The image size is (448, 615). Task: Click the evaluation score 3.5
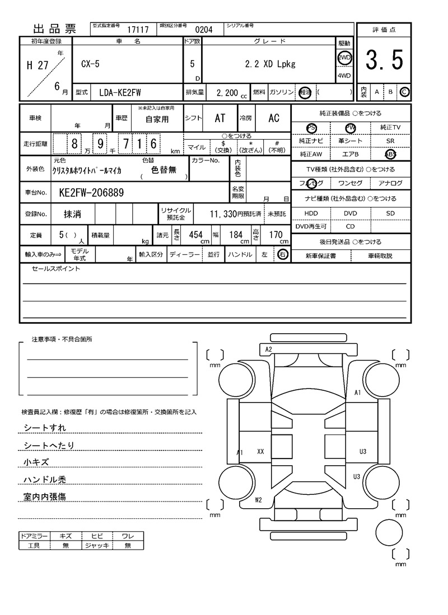click(384, 60)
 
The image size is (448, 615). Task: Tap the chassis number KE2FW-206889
click(91, 193)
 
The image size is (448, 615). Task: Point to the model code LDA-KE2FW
click(120, 92)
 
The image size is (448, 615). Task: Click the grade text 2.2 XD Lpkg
click(270, 64)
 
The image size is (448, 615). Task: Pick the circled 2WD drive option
click(344, 58)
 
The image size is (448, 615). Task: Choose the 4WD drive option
click(344, 76)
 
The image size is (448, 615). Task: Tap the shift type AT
click(220, 118)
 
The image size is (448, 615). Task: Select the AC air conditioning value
click(273, 118)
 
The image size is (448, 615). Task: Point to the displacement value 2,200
click(227, 92)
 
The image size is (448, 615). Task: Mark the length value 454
click(195, 235)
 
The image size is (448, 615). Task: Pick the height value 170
click(276, 235)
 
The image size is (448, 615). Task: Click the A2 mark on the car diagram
click(268, 349)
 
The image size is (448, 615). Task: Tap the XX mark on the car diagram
click(260, 451)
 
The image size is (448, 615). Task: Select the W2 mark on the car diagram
click(258, 500)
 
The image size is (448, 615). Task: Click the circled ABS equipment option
click(390, 154)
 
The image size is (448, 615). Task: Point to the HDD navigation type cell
click(311, 214)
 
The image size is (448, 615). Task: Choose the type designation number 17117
click(138, 30)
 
